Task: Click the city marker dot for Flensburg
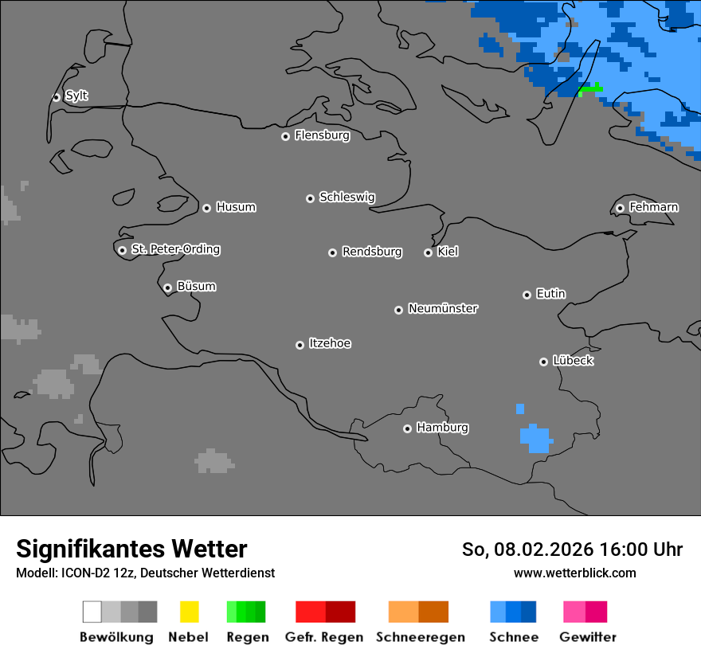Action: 285,136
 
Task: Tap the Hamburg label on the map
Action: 442,428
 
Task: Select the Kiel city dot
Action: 428,252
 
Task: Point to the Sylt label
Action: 76,96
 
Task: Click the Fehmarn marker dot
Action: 620,208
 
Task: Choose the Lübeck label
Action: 573,361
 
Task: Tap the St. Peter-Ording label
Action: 175,249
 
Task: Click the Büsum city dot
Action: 167,287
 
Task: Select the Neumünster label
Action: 443,308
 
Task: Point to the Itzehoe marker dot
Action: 300,345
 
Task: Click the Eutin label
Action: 550,294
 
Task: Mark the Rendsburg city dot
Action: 332,252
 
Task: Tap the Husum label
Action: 236,207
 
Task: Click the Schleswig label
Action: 347,197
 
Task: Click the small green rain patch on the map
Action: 590,89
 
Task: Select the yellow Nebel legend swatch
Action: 189,612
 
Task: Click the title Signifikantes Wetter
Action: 131,549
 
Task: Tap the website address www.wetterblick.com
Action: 574,573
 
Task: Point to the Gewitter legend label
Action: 587,637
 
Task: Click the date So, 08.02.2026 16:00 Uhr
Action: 572,550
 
